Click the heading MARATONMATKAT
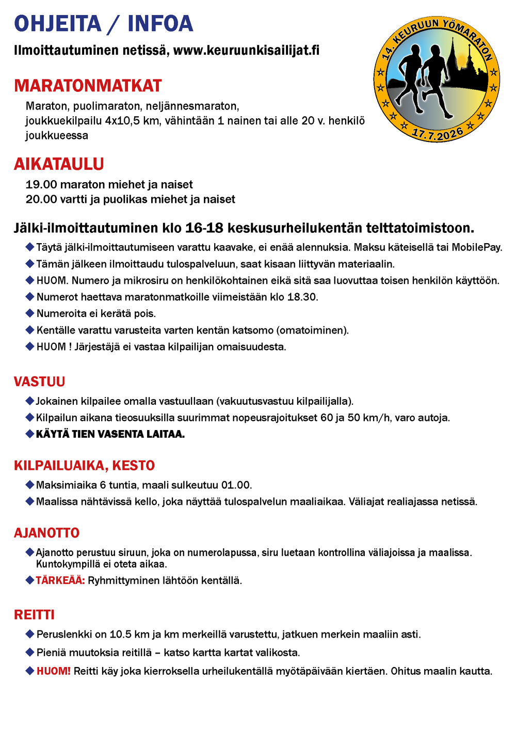88,86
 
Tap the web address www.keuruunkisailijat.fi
246,51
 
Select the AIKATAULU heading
59,164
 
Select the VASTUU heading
39,382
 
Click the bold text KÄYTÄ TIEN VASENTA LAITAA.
110,434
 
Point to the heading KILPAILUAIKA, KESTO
84,466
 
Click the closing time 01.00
236,485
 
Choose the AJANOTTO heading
46,533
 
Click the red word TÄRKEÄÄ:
60,581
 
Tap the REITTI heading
34,615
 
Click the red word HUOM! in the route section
53,671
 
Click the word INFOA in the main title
160,24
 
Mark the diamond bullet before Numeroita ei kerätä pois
30,313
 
